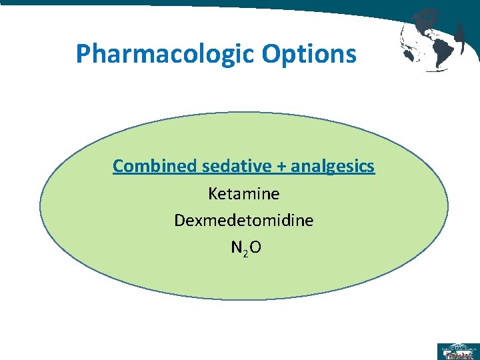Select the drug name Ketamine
[244, 194]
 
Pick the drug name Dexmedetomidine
[244, 220]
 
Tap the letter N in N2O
[236, 247]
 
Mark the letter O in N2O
[255, 247]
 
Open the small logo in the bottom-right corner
[457, 351]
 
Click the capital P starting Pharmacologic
[83, 53]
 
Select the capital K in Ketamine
[213, 194]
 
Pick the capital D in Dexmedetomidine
[179, 220]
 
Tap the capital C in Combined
[118, 166]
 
